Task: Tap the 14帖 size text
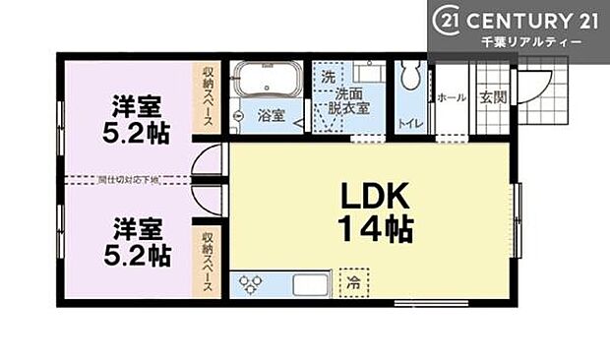[x=376, y=230]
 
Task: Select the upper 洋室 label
[x=136, y=105]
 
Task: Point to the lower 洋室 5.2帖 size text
[x=137, y=256]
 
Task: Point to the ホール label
[x=451, y=98]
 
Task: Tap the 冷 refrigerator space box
[x=351, y=283]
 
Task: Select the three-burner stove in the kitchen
[x=251, y=284]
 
